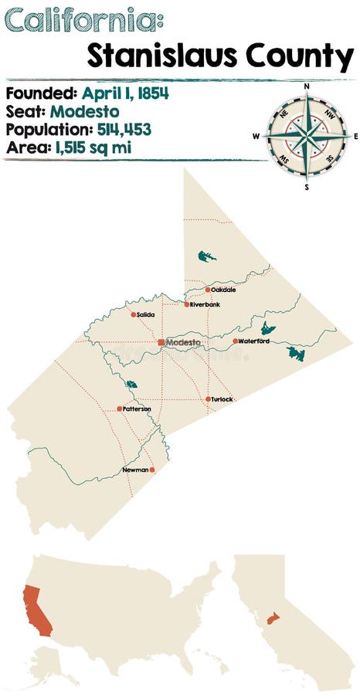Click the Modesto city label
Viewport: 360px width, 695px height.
(x=184, y=342)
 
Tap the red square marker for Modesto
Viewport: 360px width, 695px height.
(x=161, y=341)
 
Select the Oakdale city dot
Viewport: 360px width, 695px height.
(x=208, y=290)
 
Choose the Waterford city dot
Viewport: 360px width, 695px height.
(x=235, y=341)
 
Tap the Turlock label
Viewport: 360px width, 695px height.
(x=222, y=399)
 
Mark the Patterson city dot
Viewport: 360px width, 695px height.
(x=119, y=409)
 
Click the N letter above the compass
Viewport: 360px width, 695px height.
(x=307, y=86)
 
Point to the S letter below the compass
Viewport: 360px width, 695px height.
(x=307, y=187)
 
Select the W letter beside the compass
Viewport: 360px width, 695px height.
(x=256, y=137)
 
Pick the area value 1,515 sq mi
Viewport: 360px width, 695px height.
(x=93, y=145)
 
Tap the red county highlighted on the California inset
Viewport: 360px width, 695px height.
(x=271, y=619)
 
